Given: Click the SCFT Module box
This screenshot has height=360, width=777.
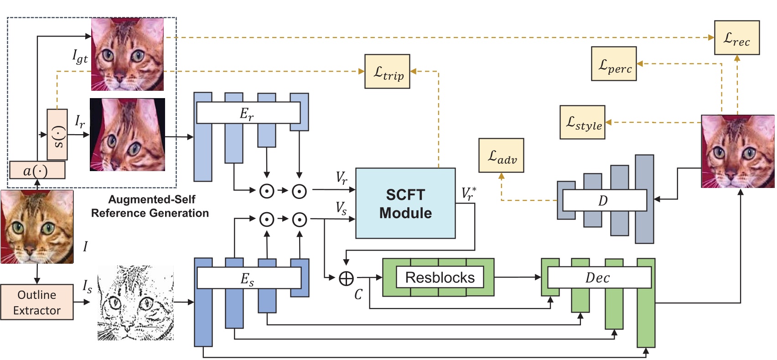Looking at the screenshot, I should pos(405,203).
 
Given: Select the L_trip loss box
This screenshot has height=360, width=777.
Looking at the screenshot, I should pos(387,72).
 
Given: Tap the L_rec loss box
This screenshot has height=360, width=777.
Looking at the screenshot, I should pos(736,38).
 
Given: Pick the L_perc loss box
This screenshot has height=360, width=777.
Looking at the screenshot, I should pos(614,64).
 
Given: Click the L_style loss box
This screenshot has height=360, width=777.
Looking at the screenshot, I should pos(582,122).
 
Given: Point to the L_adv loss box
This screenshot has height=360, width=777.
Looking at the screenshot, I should pos(501,156).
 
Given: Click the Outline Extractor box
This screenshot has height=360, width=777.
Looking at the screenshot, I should pos(36,302).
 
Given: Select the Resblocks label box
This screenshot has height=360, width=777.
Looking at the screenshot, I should pos(440,277).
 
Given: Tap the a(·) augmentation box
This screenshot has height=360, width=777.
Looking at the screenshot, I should pos(37,170).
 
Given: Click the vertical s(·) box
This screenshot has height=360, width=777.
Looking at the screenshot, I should pos(57,134).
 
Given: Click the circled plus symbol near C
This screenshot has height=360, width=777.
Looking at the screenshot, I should pos(346,277).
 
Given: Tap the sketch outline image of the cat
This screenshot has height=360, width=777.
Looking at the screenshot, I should pos(135,303).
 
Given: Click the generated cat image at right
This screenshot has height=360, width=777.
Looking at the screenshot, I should pos(737,151).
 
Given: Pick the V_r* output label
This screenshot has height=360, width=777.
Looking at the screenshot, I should pos(469,193).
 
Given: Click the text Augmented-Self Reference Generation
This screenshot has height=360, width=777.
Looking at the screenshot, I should pos(150,206).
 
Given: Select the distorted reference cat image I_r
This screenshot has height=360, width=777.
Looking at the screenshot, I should pos(128,135).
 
